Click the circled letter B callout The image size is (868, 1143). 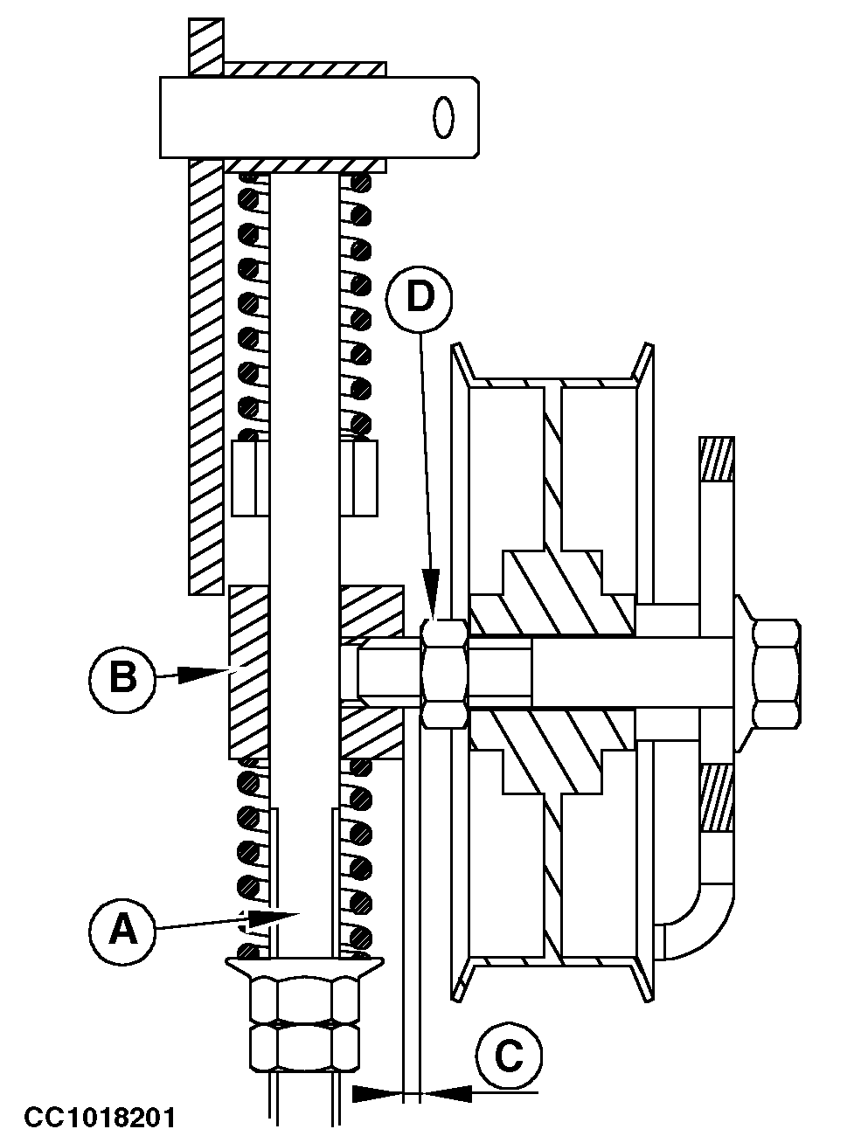click(122, 678)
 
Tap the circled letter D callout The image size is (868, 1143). click(420, 298)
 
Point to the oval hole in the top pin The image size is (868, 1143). click(443, 117)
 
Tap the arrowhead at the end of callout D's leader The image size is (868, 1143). click(432, 596)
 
